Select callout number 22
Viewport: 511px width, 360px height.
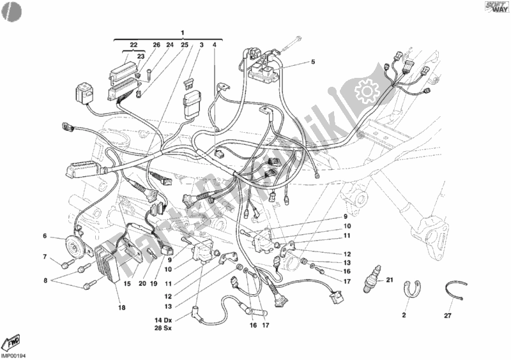coord(133,45)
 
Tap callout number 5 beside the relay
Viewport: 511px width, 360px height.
coord(313,62)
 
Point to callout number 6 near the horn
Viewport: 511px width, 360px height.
coord(45,236)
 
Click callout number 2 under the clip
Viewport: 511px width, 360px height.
coord(404,315)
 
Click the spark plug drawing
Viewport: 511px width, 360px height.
coord(371,281)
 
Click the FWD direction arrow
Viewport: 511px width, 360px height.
coord(13,340)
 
